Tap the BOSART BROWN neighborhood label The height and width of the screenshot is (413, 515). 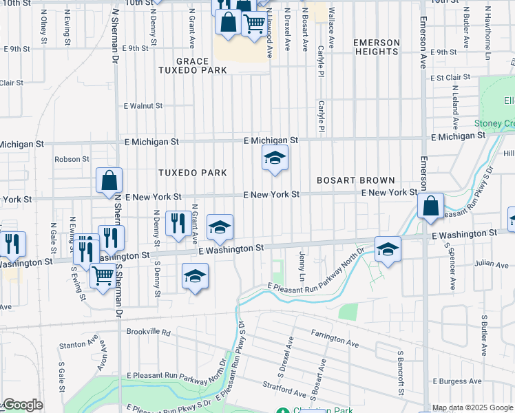click(355, 180)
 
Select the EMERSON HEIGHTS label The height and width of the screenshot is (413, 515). click(376, 47)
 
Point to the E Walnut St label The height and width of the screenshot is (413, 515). click(143, 106)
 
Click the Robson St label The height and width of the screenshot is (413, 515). click(72, 159)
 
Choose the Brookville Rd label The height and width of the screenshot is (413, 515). click(148, 331)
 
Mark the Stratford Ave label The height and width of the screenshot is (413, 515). click(283, 393)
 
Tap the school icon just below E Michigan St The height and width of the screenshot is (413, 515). click(274, 160)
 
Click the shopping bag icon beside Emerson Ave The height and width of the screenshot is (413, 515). click(430, 206)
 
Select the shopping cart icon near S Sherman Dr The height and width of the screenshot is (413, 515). click(103, 276)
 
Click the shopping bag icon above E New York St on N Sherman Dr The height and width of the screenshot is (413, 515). click(109, 181)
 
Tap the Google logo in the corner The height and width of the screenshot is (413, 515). click(22, 405)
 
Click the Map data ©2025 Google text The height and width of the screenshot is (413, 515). click(472, 408)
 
